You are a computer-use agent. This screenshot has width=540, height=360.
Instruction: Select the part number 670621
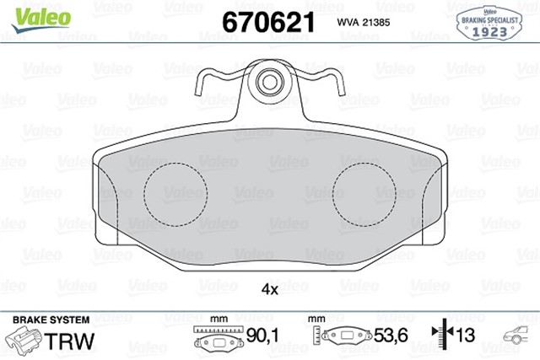click(267, 22)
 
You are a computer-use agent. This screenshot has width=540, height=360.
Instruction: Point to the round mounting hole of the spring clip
click(270, 83)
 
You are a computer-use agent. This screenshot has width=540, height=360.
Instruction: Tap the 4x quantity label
click(269, 288)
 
